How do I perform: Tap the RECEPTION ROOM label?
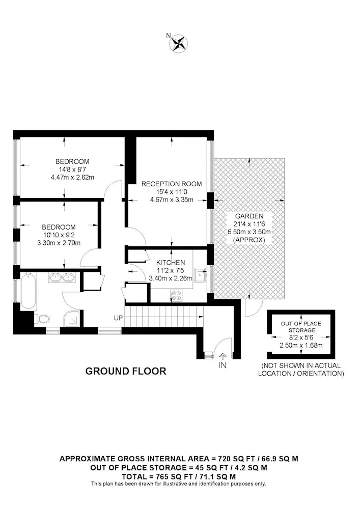point(172,184)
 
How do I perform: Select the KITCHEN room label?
point(171,262)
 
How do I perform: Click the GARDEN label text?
point(249,216)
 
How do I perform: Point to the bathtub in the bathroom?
point(28,291)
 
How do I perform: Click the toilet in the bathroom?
point(42,320)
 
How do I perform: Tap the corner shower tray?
point(72,319)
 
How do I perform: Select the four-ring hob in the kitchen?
point(177,295)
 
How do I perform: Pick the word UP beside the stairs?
point(119,318)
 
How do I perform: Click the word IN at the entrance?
point(223,365)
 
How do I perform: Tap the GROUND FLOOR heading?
point(126,371)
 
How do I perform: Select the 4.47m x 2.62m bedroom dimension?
point(72,177)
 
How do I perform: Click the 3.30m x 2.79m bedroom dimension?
point(59,243)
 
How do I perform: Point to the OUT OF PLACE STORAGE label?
point(301,327)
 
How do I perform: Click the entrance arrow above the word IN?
point(223,356)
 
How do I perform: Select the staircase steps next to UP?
point(164,316)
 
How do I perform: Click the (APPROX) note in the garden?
point(249,240)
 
